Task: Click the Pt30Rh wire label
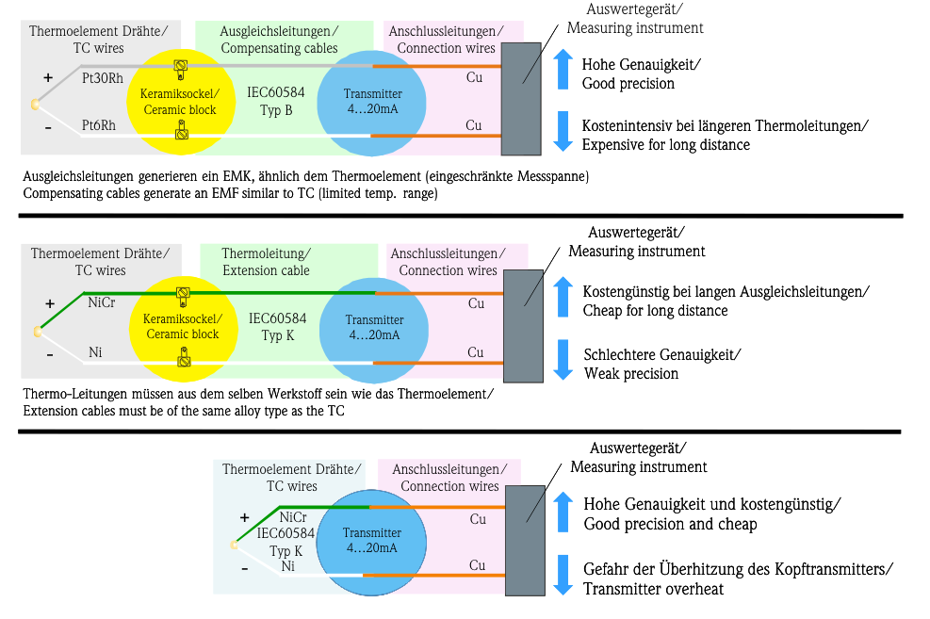click(x=102, y=78)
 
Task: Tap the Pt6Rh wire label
click(x=99, y=125)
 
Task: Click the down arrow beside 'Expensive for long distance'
click(x=563, y=131)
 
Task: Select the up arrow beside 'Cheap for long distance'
click(x=563, y=297)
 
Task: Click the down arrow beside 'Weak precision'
click(x=563, y=360)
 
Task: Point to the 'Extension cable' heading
click(x=266, y=262)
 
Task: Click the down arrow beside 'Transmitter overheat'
click(x=563, y=575)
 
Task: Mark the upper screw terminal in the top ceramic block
click(x=180, y=66)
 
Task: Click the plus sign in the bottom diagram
click(x=244, y=517)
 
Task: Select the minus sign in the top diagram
click(x=48, y=126)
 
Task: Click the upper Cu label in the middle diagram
click(x=476, y=303)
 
